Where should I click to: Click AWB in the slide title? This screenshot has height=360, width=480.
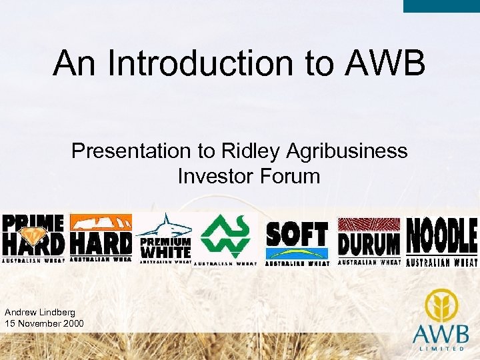tap(385, 63)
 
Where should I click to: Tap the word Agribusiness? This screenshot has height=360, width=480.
tap(346, 152)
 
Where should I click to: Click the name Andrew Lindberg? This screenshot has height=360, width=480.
tap(39, 312)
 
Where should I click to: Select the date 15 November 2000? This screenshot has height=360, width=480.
tap(44, 323)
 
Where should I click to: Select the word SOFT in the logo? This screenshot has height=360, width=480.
tap(297, 235)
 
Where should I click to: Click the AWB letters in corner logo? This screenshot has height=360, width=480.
tap(443, 333)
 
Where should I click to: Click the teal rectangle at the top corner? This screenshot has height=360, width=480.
tap(441, 6)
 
